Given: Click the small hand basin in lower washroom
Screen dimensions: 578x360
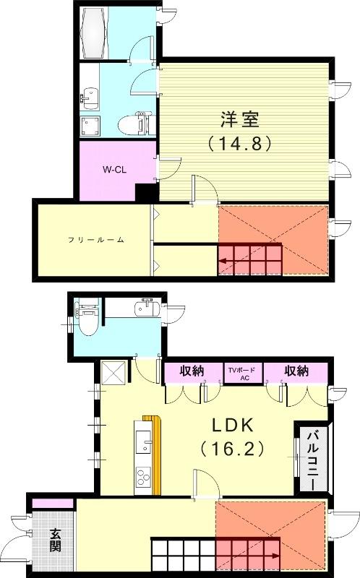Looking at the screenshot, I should [144, 309].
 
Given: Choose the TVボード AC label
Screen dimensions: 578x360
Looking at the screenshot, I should [239, 372].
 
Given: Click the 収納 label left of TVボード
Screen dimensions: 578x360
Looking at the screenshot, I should [192, 371].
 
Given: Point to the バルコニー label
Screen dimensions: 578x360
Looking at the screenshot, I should [314, 460].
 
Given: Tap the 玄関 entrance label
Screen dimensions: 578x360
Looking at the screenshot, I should [56, 540].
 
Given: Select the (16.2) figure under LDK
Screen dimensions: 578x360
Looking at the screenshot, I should [233, 449].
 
